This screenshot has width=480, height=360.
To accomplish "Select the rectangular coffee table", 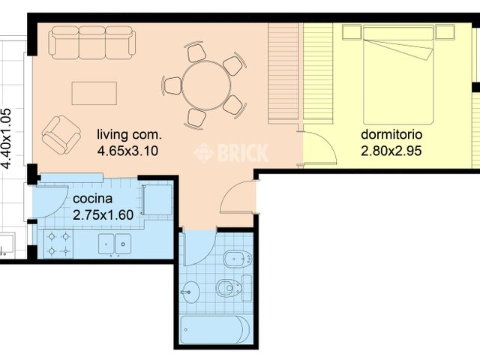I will [94, 94].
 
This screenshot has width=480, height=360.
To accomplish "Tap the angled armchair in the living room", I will [60, 133].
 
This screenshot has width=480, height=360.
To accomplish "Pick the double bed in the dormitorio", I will [398, 75].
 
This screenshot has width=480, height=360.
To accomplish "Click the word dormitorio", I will [391, 135].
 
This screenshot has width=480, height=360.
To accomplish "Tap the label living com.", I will [129, 135].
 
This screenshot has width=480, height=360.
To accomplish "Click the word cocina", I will [93, 199].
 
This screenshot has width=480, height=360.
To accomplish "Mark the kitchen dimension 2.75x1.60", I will [103, 214].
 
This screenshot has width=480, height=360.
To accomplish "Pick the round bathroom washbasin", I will [190, 292].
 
